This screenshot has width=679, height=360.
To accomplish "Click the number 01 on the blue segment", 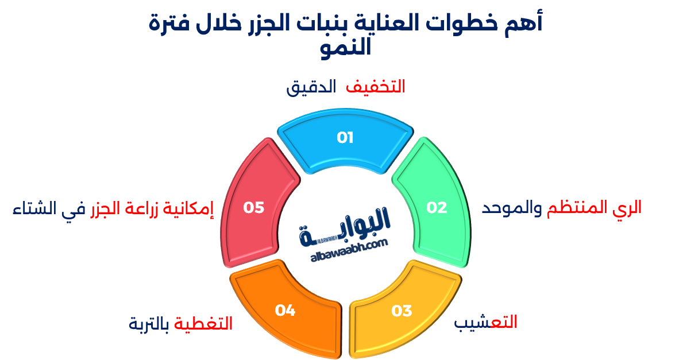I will [x=345, y=138].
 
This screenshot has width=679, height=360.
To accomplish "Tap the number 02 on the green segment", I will [x=437, y=208].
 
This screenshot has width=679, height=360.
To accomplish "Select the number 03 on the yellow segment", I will [x=402, y=311].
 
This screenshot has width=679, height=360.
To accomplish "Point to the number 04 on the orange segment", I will [x=285, y=311].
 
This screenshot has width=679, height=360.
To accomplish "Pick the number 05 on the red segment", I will [x=253, y=207].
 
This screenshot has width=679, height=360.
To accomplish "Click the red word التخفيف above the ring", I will [x=376, y=87].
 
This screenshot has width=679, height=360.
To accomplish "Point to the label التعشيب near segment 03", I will [x=486, y=323].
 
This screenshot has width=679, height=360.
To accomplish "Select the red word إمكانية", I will [x=191, y=209].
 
